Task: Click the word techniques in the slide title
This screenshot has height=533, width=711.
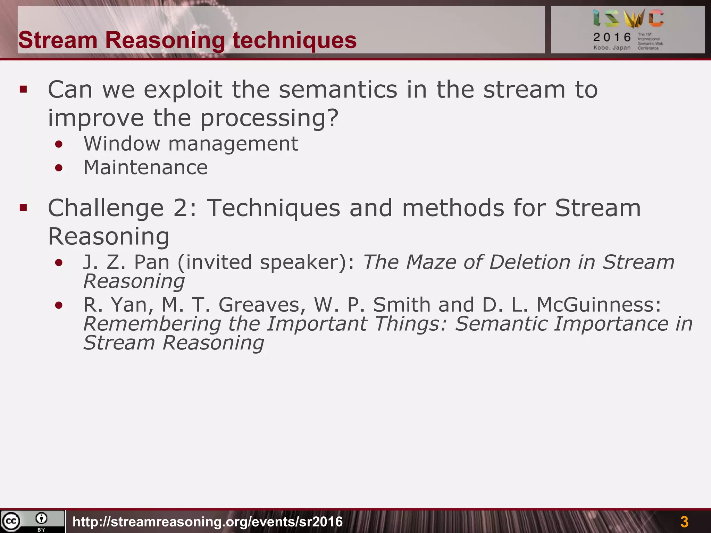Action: tap(294, 40)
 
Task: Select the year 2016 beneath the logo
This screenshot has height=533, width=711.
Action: tap(612, 37)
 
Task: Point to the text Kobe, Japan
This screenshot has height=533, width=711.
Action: tap(612, 48)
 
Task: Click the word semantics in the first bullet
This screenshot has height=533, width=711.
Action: tap(338, 90)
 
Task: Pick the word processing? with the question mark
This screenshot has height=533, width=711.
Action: tap(269, 118)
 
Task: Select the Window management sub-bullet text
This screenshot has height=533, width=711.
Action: tap(191, 144)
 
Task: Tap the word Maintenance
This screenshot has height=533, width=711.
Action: tap(145, 168)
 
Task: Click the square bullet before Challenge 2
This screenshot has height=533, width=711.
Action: tap(23, 208)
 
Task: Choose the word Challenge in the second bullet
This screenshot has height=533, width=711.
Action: tap(106, 208)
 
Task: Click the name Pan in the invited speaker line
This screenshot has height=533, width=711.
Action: tap(152, 262)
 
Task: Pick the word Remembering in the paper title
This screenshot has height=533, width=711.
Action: tap(152, 324)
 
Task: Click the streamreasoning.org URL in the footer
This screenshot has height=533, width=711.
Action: tap(208, 522)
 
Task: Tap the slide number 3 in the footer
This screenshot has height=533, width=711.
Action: tap(684, 522)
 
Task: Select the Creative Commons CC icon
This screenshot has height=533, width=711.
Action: tap(11, 521)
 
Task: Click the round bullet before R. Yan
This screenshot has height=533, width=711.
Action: tap(59, 305)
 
